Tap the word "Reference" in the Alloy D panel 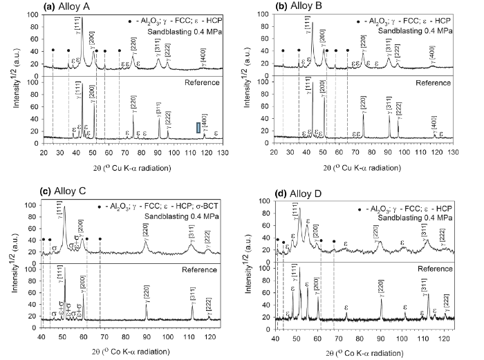(x=431, y=267)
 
